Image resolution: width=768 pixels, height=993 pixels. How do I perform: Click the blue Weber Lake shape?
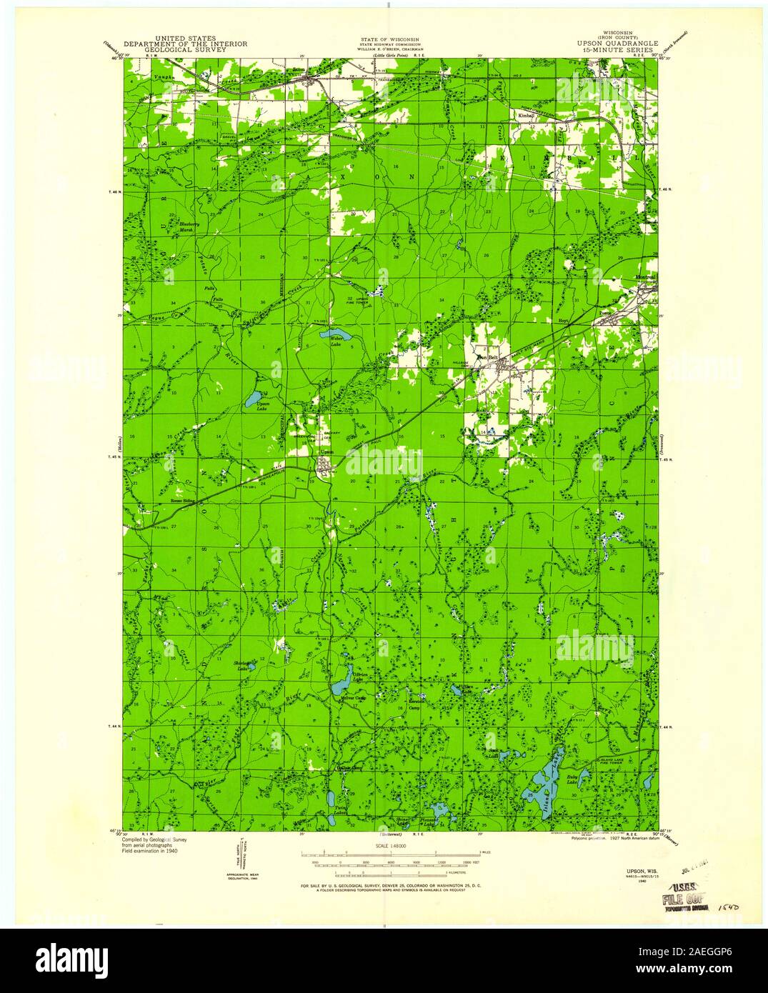pos(335,334)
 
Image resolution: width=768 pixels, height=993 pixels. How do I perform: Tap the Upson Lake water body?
pos(252,397)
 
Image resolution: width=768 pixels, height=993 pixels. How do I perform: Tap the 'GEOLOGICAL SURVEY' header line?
pos(186,51)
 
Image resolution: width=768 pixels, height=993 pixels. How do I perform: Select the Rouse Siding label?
pos(183,502)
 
